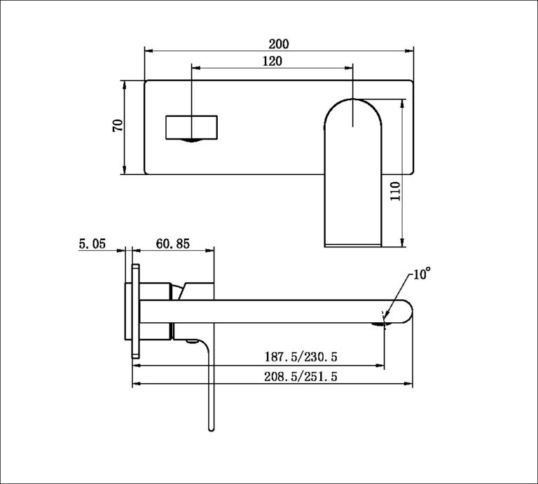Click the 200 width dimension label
[277, 43]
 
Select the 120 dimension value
[273, 62]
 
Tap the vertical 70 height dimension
[118, 126]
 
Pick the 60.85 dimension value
[172, 244]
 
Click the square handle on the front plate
[191, 127]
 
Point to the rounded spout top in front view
[352, 112]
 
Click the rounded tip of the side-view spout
[407, 313]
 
